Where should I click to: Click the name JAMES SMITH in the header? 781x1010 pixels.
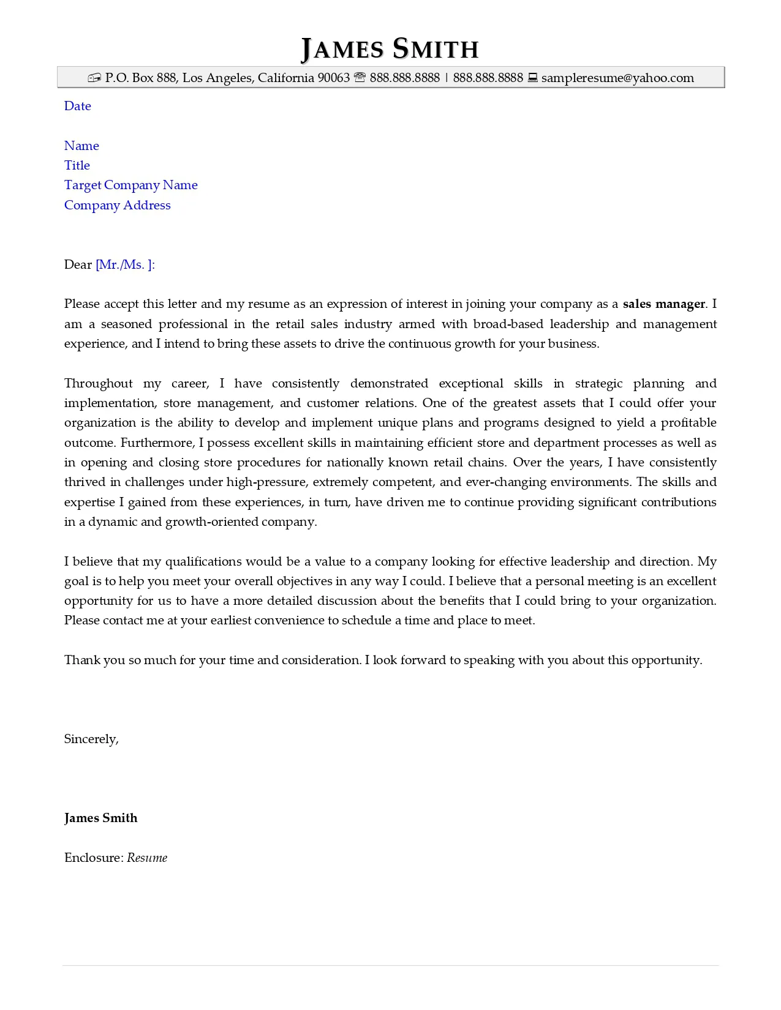[x=390, y=49]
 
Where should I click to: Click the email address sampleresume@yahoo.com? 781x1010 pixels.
[x=617, y=78]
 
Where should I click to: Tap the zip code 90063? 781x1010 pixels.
[x=333, y=78]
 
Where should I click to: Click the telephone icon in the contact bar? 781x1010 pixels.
[x=360, y=78]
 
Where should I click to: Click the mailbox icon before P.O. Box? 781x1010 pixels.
[x=94, y=78]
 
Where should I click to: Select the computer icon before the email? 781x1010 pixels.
[x=533, y=78]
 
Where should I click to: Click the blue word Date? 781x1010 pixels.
[x=77, y=106]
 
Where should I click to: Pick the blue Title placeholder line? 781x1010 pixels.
[x=77, y=165]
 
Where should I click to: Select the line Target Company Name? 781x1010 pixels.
[x=130, y=185]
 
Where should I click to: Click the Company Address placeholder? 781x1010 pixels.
[x=117, y=205]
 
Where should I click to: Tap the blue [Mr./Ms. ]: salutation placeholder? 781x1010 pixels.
[x=125, y=264]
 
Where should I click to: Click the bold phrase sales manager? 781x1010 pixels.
[x=664, y=304]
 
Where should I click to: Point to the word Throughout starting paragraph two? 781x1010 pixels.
[x=98, y=383]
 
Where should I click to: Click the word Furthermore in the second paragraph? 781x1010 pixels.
[x=157, y=443]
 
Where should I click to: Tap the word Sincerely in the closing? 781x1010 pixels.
[x=91, y=739]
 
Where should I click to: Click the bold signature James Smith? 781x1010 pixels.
[x=100, y=818]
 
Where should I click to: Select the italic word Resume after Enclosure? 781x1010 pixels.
[x=147, y=858]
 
